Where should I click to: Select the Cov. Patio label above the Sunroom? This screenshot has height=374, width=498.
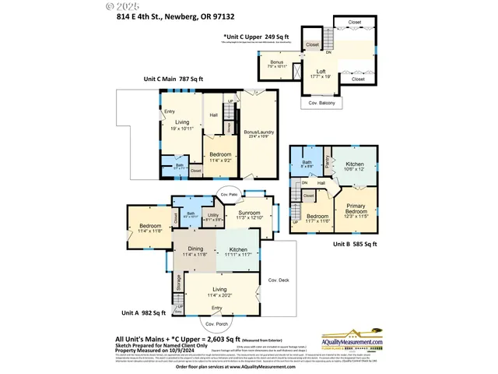click(x=228, y=193)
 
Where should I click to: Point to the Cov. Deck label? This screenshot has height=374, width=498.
click(x=278, y=280)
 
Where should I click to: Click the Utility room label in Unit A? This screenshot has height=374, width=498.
click(x=212, y=217)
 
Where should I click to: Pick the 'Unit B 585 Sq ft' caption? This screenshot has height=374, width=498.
click(x=354, y=244)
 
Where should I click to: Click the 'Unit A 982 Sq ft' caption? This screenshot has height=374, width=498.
click(x=143, y=312)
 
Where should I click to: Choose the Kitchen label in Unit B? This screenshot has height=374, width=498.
click(x=354, y=166)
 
